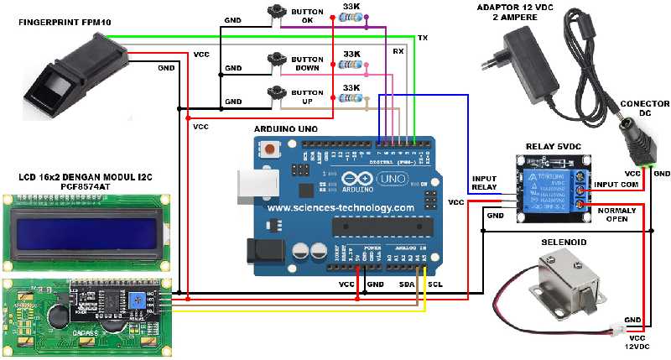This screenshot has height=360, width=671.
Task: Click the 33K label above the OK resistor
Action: tap(352, 7)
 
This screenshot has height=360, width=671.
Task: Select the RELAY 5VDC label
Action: tap(554, 146)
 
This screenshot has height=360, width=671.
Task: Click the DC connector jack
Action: tap(636, 138)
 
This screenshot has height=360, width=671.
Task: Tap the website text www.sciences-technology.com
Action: tap(341, 207)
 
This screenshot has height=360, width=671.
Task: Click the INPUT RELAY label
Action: tap(485, 182)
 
